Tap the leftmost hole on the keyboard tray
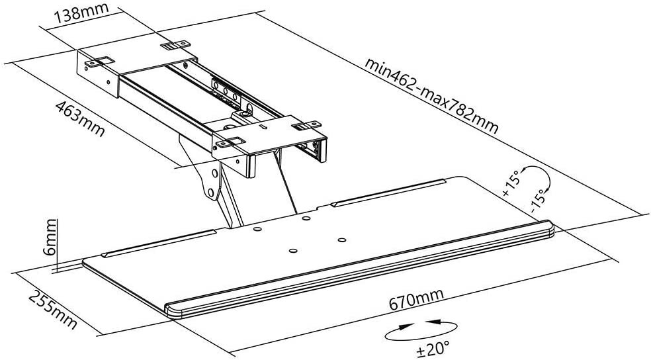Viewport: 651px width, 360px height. pos(257,230)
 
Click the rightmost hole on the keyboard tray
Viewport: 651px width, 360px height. pos(342,240)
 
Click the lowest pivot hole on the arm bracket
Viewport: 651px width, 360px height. pos(210,193)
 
